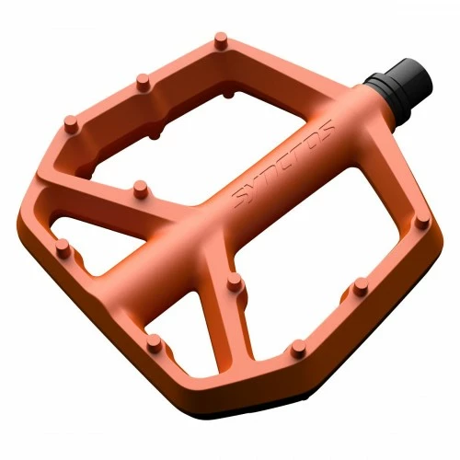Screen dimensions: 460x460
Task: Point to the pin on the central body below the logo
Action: [x=234, y=282]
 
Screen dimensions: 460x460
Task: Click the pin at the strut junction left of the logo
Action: [x=139, y=189]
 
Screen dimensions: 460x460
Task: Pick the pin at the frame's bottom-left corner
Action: [x=63, y=247]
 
